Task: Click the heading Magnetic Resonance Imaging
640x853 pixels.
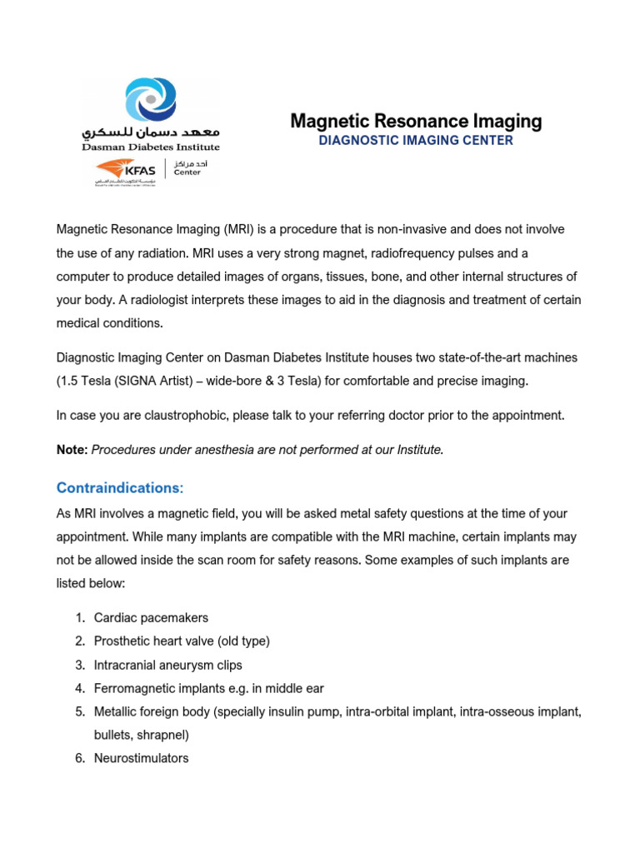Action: [x=416, y=122]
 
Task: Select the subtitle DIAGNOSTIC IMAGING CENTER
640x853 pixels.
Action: [x=416, y=141]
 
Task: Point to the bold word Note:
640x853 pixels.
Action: [x=72, y=450]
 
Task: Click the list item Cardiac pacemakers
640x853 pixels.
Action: [x=151, y=618]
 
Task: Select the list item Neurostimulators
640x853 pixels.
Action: [x=141, y=758]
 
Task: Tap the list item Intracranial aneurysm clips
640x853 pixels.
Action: [x=168, y=665]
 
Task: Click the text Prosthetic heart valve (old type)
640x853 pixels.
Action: [x=182, y=641]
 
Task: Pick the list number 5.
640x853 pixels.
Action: [x=79, y=711]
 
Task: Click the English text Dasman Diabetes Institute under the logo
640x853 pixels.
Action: [x=151, y=147]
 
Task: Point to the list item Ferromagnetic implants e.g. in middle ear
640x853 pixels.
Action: [x=209, y=688]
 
